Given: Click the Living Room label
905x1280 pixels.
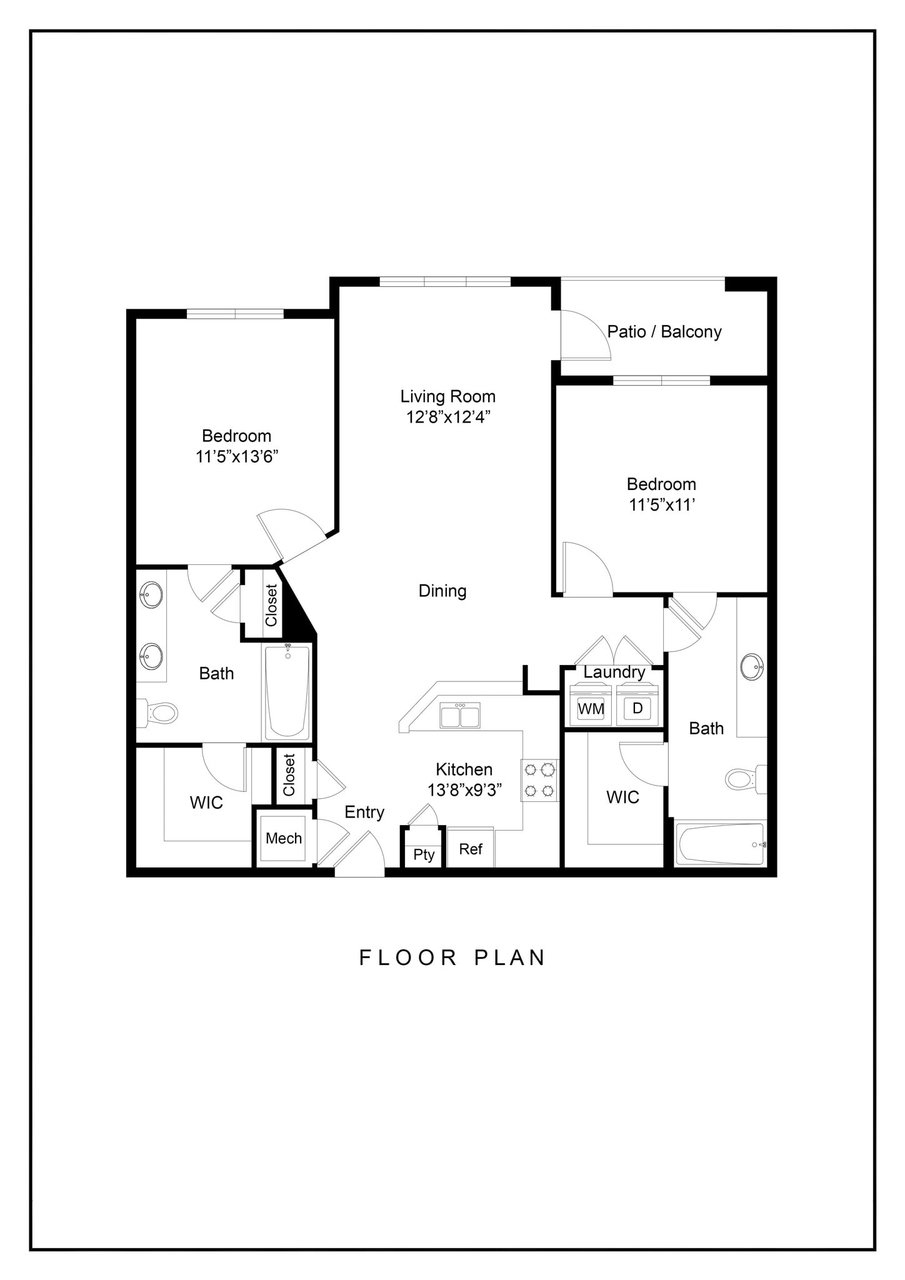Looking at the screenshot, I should pyautogui.click(x=447, y=396).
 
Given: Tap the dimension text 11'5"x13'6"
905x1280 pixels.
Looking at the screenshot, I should pyautogui.click(x=237, y=457).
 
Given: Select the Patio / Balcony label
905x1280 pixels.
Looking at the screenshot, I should pyautogui.click(x=664, y=331).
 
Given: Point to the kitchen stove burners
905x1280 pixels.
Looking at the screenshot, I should pyautogui.click(x=539, y=779).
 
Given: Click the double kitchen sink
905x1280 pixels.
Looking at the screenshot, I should pyautogui.click(x=460, y=715).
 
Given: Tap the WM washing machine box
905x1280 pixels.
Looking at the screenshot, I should pyautogui.click(x=591, y=708).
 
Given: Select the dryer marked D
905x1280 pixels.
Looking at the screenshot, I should pyautogui.click(x=637, y=708).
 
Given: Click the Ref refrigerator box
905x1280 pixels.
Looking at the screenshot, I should pyautogui.click(x=471, y=849).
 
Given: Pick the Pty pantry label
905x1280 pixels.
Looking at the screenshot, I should pyautogui.click(x=424, y=854).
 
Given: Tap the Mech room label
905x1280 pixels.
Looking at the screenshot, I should pyautogui.click(x=284, y=838).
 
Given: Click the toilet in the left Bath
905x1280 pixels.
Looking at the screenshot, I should pyautogui.click(x=159, y=712).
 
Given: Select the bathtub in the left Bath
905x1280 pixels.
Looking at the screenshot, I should pyautogui.click(x=287, y=692).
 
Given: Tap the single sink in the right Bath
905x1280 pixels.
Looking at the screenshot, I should pyautogui.click(x=752, y=667).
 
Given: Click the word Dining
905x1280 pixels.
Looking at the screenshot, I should pyautogui.click(x=442, y=591).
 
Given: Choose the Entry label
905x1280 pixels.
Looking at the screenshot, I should pyautogui.click(x=364, y=812).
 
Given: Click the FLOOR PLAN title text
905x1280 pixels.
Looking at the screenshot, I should pyautogui.click(x=452, y=958).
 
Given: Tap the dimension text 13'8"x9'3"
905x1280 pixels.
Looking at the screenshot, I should pyautogui.click(x=464, y=790).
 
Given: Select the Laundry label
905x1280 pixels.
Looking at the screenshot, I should pyautogui.click(x=614, y=672).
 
